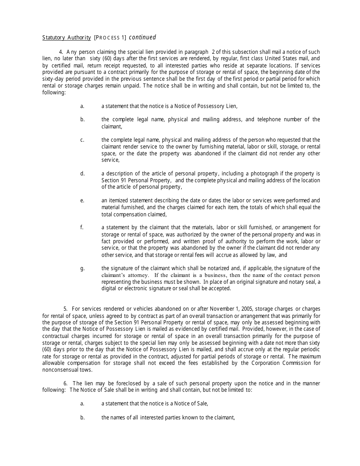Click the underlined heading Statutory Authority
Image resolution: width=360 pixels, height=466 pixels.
coord(66,38)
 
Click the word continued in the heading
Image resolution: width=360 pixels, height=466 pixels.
coord(142,38)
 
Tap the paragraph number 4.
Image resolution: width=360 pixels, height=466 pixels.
coord(61,52)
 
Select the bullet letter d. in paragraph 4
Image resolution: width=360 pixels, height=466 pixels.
coord(82,174)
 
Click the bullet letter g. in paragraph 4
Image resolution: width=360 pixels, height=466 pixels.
coord(82,268)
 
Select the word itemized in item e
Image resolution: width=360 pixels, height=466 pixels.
coord(118,200)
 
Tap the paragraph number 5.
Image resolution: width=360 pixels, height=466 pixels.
coord(65,309)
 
